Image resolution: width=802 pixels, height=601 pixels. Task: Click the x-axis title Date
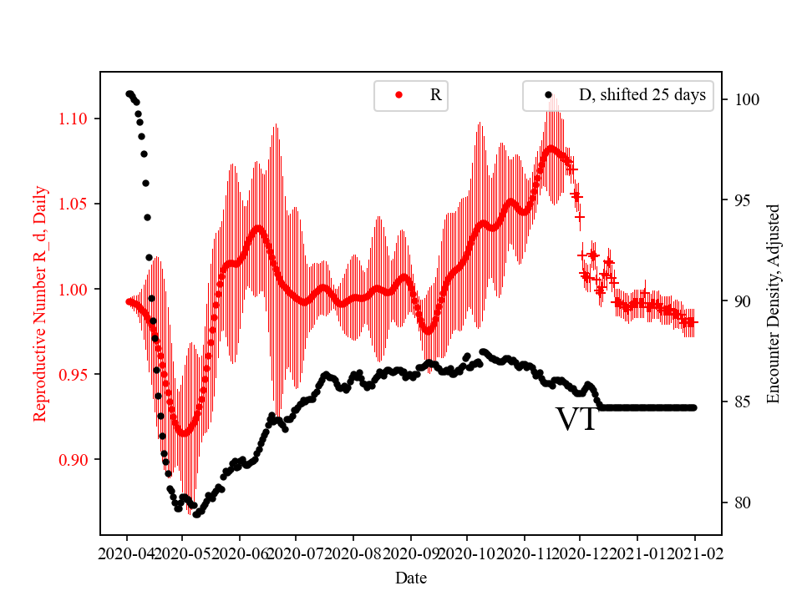click(411, 577)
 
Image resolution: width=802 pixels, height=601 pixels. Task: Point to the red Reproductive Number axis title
click(39, 303)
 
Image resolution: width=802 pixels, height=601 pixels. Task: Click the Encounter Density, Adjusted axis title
click(773, 303)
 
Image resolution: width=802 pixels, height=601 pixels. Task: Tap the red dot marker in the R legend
click(398, 95)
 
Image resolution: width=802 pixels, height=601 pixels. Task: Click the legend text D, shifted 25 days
click(642, 95)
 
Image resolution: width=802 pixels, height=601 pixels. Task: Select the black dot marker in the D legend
click(548, 95)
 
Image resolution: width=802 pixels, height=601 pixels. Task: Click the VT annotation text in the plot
click(576, 420)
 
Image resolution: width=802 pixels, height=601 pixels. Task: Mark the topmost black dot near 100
click(129, 93)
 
